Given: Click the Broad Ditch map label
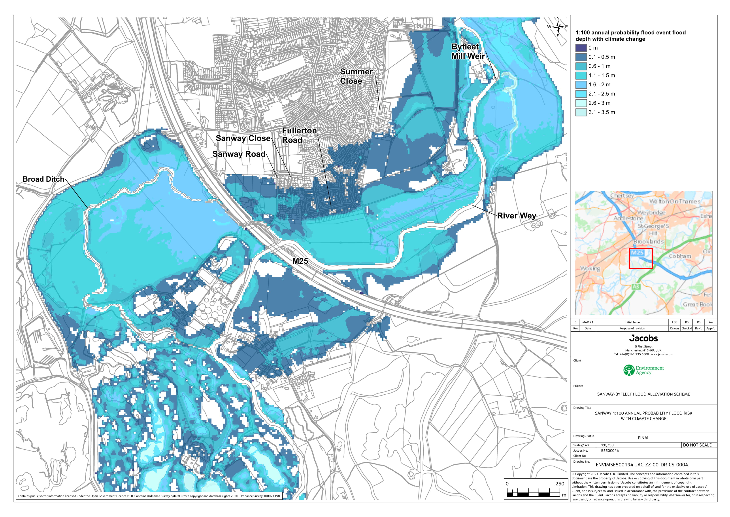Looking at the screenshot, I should [43, 179].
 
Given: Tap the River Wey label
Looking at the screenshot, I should [517, 216].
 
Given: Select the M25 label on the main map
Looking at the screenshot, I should [300, 261].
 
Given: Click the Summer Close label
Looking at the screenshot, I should [356, 76].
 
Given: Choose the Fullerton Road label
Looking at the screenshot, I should [299, 135].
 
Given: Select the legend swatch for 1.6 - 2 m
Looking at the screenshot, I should [581, 85].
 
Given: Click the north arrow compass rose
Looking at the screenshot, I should [558, 27].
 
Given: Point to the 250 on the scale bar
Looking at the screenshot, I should [560, 484].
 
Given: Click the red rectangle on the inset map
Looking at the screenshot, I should [641, 258].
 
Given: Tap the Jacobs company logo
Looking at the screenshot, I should [643, 338].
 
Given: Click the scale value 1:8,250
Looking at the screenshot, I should [607, 445].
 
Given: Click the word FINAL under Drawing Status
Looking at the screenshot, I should [643, 438].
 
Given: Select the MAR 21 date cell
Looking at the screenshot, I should [587, 322].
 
